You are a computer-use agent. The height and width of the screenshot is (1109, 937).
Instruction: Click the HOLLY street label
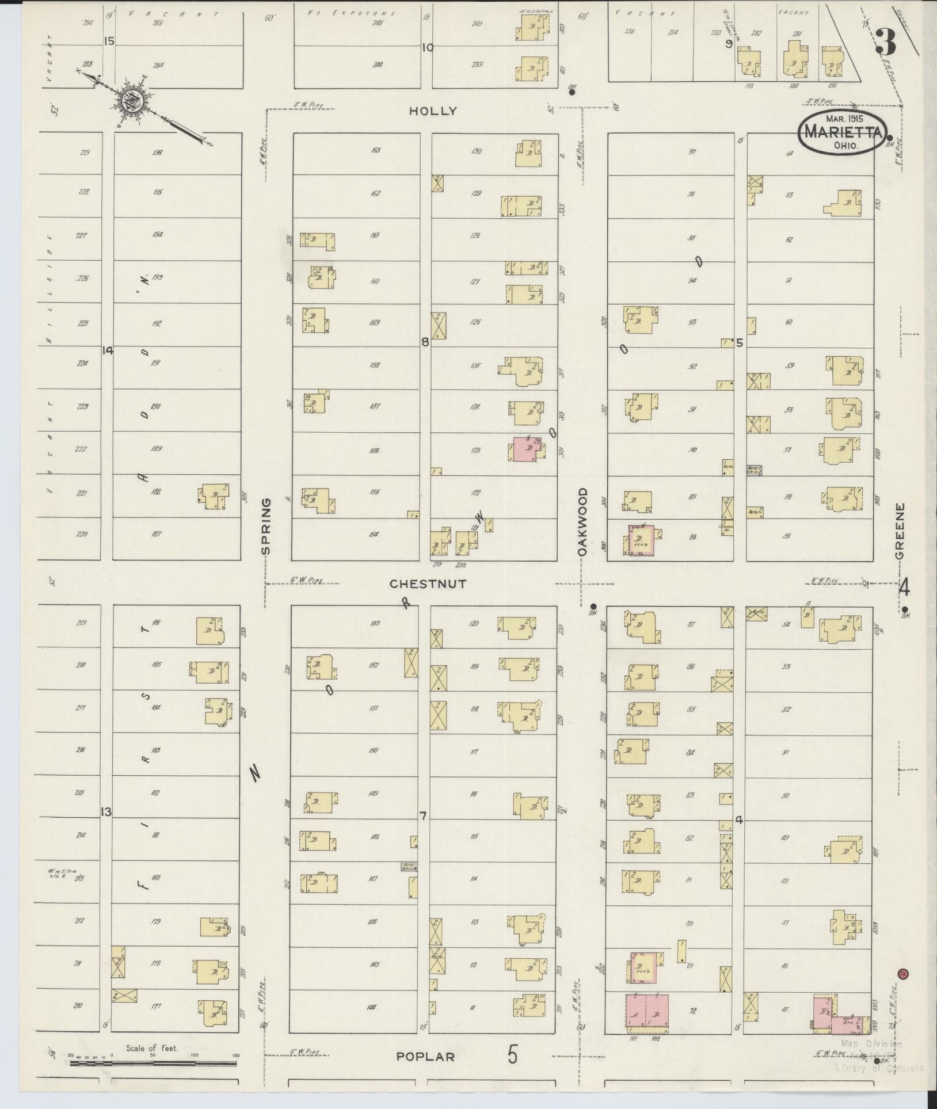click(432, 111)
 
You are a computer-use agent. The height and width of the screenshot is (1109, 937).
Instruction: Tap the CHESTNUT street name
click(428, 584)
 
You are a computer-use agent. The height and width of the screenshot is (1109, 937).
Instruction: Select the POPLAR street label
click(425, 1057)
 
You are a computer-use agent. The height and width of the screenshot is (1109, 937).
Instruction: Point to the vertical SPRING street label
click(265, 526)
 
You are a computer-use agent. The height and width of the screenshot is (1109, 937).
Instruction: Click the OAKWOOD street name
click(582, 521)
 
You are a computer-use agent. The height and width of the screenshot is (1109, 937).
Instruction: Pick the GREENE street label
click(901, 531)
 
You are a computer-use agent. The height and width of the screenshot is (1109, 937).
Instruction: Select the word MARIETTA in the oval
click(842, 132)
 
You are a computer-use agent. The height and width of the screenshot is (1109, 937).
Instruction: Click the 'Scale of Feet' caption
click(152, 1048)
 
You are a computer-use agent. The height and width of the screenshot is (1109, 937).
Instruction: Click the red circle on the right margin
click(902, 973)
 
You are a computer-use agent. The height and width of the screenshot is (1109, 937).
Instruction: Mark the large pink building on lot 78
click(646, 1010)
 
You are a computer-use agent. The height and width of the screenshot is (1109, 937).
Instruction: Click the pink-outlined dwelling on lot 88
click(639, 539)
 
